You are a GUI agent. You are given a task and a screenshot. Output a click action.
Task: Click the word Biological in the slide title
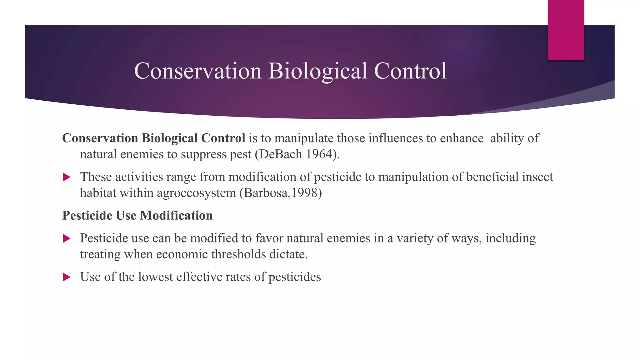[x=317, y=71]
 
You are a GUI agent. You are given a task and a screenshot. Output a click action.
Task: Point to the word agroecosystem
[x=196, y=193]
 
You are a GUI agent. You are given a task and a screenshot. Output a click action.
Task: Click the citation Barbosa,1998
[x=281, y=193]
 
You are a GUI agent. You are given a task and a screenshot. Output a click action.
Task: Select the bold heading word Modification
[x=176, y=216]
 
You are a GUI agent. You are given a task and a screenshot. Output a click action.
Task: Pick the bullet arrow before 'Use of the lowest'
[x=67, y=277]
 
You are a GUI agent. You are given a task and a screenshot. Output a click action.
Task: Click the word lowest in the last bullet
[x=155, y=277]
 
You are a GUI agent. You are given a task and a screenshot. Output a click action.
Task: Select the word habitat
[x=98, y=193]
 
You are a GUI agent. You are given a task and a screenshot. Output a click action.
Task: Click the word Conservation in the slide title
[x=197, y=71]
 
